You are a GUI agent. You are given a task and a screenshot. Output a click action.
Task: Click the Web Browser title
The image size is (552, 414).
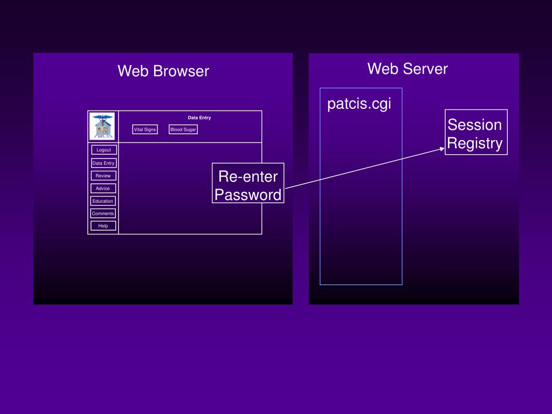(x=163, y=71)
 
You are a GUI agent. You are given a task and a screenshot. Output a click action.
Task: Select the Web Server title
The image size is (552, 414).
(x=408, y=68)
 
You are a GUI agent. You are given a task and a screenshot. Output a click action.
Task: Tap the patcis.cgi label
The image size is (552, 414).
(x=359, y=104)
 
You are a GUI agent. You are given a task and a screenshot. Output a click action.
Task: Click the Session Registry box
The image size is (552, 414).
(x=476, y=132)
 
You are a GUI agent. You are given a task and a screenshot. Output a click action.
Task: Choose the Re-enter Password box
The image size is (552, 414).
(x=248, y=183)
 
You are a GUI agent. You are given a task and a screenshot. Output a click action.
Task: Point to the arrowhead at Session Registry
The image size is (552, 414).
(x=443, y=149)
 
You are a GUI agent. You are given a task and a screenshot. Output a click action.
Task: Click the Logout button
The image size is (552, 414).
(x=104, y=150)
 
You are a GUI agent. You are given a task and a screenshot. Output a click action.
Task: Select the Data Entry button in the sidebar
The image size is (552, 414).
(x=103, y=163)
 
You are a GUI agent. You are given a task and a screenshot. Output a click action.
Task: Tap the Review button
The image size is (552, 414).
(x=103, y=176)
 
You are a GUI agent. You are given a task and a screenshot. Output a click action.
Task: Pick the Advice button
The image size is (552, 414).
(x=103, y=188)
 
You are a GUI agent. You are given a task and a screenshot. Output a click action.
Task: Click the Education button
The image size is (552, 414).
(x=103, y=201)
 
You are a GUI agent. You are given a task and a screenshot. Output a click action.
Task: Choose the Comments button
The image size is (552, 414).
(x=103, y=213)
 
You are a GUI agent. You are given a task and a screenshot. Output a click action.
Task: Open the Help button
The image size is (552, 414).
(x=103, y=226)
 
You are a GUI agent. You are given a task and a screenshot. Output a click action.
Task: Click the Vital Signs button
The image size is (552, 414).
(x=145, y=129)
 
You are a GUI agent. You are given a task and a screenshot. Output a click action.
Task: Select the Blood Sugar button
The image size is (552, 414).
(x=183, y=129)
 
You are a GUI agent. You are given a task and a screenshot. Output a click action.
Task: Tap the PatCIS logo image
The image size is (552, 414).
(x=102, y=126)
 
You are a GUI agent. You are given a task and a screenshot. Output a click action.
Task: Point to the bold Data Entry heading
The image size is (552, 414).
(x=199, y=118)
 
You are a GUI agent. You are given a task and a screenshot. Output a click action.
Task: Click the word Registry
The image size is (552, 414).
(x=475, y=143)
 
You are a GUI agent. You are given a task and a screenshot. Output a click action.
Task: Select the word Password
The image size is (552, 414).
(x=248, y=195)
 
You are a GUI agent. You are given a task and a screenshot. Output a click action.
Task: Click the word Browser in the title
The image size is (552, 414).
(x=181, y=71)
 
